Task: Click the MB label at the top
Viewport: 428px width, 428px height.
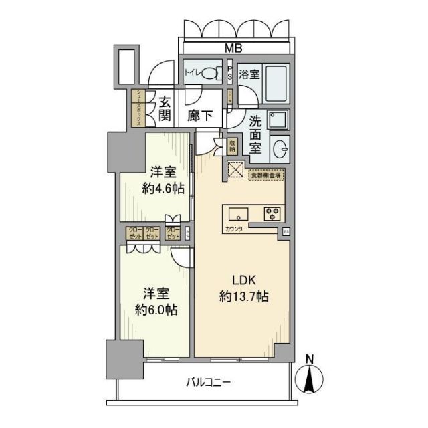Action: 233,47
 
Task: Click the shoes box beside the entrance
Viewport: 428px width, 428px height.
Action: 138,108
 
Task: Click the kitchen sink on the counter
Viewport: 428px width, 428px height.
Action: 239,214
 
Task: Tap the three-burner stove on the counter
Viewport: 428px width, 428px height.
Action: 272,215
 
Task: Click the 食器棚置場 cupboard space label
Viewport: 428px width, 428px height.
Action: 266,175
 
